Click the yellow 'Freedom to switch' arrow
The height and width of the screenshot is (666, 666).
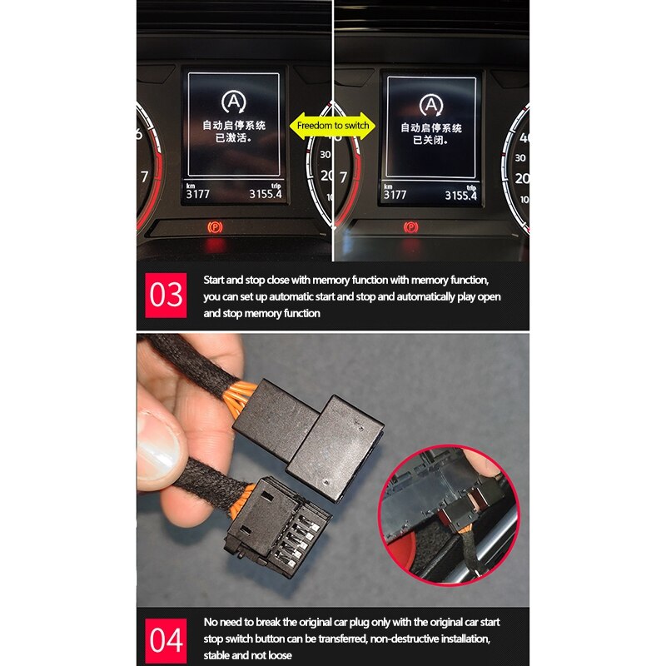pyautogui.click(x=331, y=126)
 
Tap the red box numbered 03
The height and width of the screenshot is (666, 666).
pyautogui.click(x=166, y=296)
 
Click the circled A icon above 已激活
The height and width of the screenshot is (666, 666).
pyautogui.click(x=234, y=102)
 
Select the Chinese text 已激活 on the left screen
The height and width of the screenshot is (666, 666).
pyautogui.click(x=233, y=138)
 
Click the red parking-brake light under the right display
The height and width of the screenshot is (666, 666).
pyautogui.click(x=410, y=227)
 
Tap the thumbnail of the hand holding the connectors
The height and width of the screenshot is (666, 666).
pyautogui.click(x=332, y=470)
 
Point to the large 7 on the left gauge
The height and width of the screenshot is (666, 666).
pyautogui.click(x=144, y=176)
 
